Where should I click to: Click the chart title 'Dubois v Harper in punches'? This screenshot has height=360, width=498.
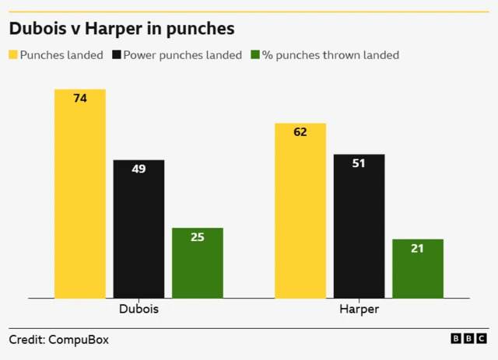point(121,30)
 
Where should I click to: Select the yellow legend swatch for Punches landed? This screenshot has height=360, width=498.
point(13,55)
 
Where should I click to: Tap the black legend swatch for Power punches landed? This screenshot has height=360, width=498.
point(117,55)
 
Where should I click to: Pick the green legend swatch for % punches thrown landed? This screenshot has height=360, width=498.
point(256,55)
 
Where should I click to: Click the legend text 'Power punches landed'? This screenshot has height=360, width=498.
point(183,55)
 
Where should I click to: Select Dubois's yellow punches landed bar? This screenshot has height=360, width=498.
point(79,194)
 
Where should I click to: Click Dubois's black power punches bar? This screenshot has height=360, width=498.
point(139,229)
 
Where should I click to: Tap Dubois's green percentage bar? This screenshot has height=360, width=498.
point(197,264)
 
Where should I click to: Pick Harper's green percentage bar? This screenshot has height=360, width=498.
point(418,269)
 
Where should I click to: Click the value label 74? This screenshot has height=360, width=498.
point(79,99)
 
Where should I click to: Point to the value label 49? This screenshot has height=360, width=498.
point(139,169)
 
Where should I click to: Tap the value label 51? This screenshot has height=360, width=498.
point(359,163)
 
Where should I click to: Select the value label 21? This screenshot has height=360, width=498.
point(418,249)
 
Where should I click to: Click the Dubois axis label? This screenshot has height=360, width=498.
point(139,309)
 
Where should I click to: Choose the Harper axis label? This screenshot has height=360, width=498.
point(359,309)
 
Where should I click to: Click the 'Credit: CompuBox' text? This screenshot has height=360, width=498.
point(58,340)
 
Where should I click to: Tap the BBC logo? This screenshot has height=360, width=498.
point(469,339)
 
